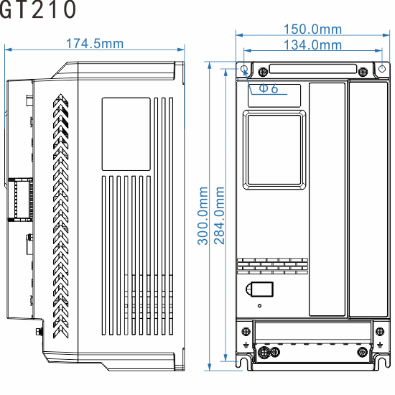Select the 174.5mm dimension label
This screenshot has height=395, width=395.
(95, 44)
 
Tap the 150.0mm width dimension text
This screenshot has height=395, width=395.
(312, 29)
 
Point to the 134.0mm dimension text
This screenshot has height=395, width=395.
(312, 45)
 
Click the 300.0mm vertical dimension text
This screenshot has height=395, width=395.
(204, 215)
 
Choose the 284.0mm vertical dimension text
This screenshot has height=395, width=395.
(220, 215)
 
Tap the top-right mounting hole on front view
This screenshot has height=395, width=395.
(363, 70)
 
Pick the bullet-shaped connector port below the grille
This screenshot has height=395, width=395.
(259, 289)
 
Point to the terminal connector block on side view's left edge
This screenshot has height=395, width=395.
(19, 197)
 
